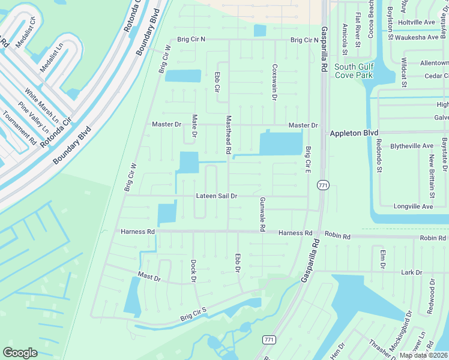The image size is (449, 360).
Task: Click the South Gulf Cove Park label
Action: (x=354, y=71)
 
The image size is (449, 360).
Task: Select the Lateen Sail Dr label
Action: (x=217, y=196)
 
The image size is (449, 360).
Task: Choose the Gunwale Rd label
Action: (x=262, y=214)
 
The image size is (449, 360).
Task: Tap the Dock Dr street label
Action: (x=193, y=271)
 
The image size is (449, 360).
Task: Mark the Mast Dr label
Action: (x=149, y=278)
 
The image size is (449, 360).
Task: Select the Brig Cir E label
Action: (x=307, y=160)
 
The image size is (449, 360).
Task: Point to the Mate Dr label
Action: (x=194, y=126)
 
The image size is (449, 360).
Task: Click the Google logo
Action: (x=20, y=353)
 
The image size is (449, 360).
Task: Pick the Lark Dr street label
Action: (x=411, y=272)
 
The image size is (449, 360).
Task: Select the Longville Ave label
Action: (x=413, y=206)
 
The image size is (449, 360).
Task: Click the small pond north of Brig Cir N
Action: (x=260, y=31)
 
